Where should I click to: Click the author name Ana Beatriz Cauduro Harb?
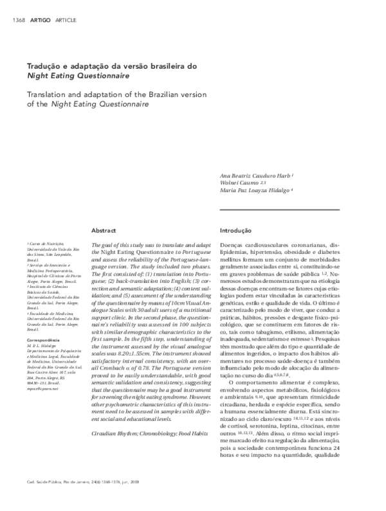257,175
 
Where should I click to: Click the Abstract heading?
104,229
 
